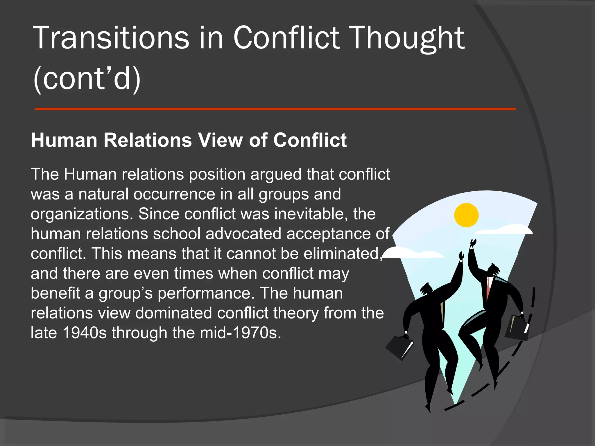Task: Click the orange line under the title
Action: point(275,109)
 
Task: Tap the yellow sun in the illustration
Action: point(466,215)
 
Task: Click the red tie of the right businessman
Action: point(488,288)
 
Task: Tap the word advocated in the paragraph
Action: point(243,234)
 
